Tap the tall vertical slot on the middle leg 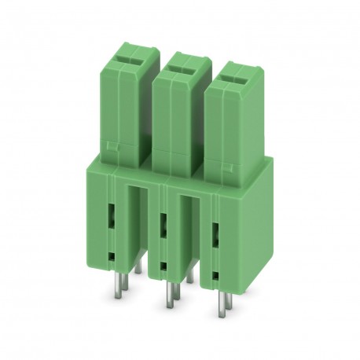point(163,226)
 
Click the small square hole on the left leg point(111,255)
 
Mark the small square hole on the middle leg point(162,266)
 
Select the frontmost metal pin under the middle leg point(167,299)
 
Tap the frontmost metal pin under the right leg point(221,309)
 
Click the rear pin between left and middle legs point(138,268)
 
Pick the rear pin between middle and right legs point(189,276)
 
